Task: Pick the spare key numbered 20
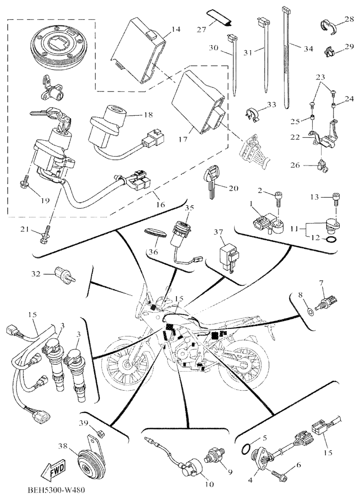211,183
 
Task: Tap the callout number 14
176,30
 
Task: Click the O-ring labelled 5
248,448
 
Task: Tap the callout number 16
161,204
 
